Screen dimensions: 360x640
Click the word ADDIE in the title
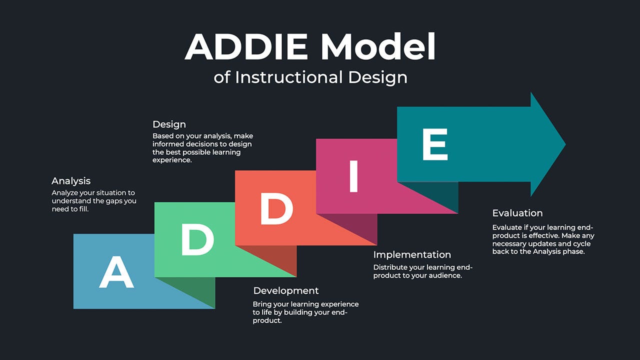click(247, 47)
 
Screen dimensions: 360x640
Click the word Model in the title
click(378, 47)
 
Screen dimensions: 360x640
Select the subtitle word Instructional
click(289, 77)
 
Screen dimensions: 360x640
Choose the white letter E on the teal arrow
click(434, 144)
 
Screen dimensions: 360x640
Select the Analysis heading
click(71, 181)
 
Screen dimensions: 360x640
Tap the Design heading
click(169, 124)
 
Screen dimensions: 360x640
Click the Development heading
click(286, 291)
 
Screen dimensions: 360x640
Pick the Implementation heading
click(412, 255)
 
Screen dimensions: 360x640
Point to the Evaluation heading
click(517, 213)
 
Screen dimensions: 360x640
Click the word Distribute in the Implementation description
click(390, 267)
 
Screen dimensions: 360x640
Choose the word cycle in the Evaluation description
click(581, 244)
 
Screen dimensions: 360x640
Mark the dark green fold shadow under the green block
click(197, 292)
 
